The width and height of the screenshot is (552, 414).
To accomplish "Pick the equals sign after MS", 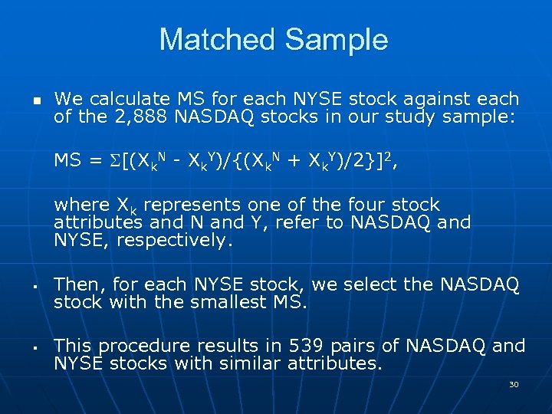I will [96, 160].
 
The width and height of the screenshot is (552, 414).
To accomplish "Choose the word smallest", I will [229, 302].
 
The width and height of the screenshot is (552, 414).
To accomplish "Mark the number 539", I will [307, 346].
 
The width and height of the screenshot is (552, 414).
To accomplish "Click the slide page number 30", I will [514, 384].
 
